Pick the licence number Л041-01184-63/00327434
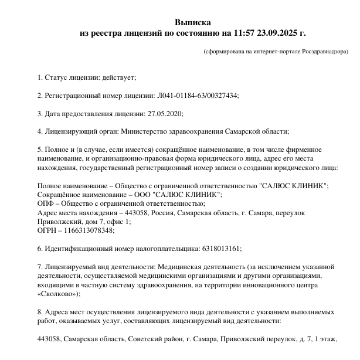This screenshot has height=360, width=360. point(198,96)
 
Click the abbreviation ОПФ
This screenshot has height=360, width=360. point(46,203)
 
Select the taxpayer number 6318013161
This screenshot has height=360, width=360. point(214,249)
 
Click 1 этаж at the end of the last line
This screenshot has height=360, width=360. point(327,339)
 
